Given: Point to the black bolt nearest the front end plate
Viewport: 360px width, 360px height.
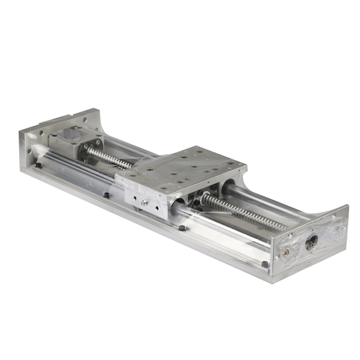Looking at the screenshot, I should (265, 264).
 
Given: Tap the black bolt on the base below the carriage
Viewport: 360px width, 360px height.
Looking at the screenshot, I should (106, 195).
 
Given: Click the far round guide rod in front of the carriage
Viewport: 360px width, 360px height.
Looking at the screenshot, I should (270, 202).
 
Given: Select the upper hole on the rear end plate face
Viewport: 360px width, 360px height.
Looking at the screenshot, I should (41, 133).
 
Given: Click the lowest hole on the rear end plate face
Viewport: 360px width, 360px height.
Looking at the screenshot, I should (30, 151).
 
